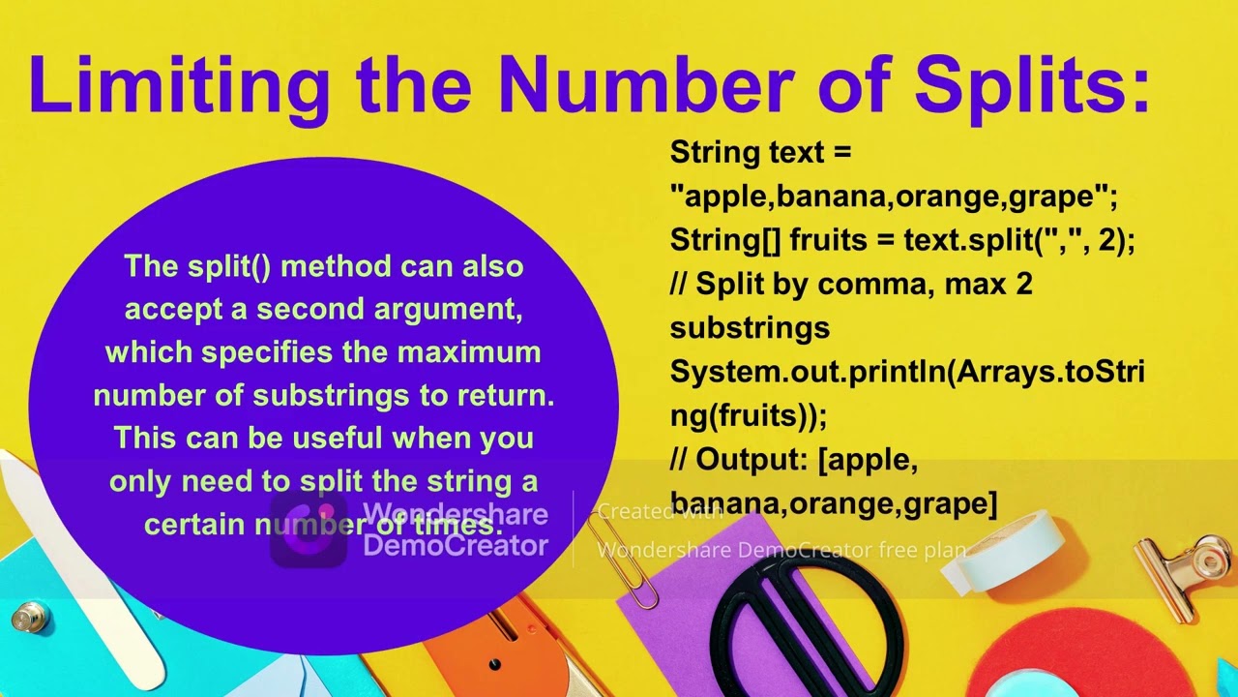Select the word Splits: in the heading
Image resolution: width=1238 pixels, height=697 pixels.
point(1032,85)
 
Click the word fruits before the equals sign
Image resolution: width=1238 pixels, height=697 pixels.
point(841,240)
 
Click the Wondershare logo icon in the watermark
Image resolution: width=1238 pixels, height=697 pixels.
point(309,529)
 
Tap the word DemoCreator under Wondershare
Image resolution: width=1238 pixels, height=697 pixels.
point(455,546)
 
